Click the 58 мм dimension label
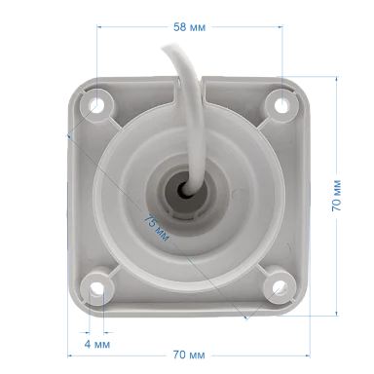coord(189,27)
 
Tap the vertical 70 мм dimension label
coord(336,196)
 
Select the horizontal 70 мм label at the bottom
coord(189,355)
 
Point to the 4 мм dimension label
coord(97,344)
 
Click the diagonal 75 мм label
coord(157,228)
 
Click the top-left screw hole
coord(96,105)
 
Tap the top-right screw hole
coord(281,105)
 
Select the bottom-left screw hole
coord(96,288)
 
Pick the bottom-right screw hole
coord(279,287)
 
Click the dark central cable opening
coord(183,189)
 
